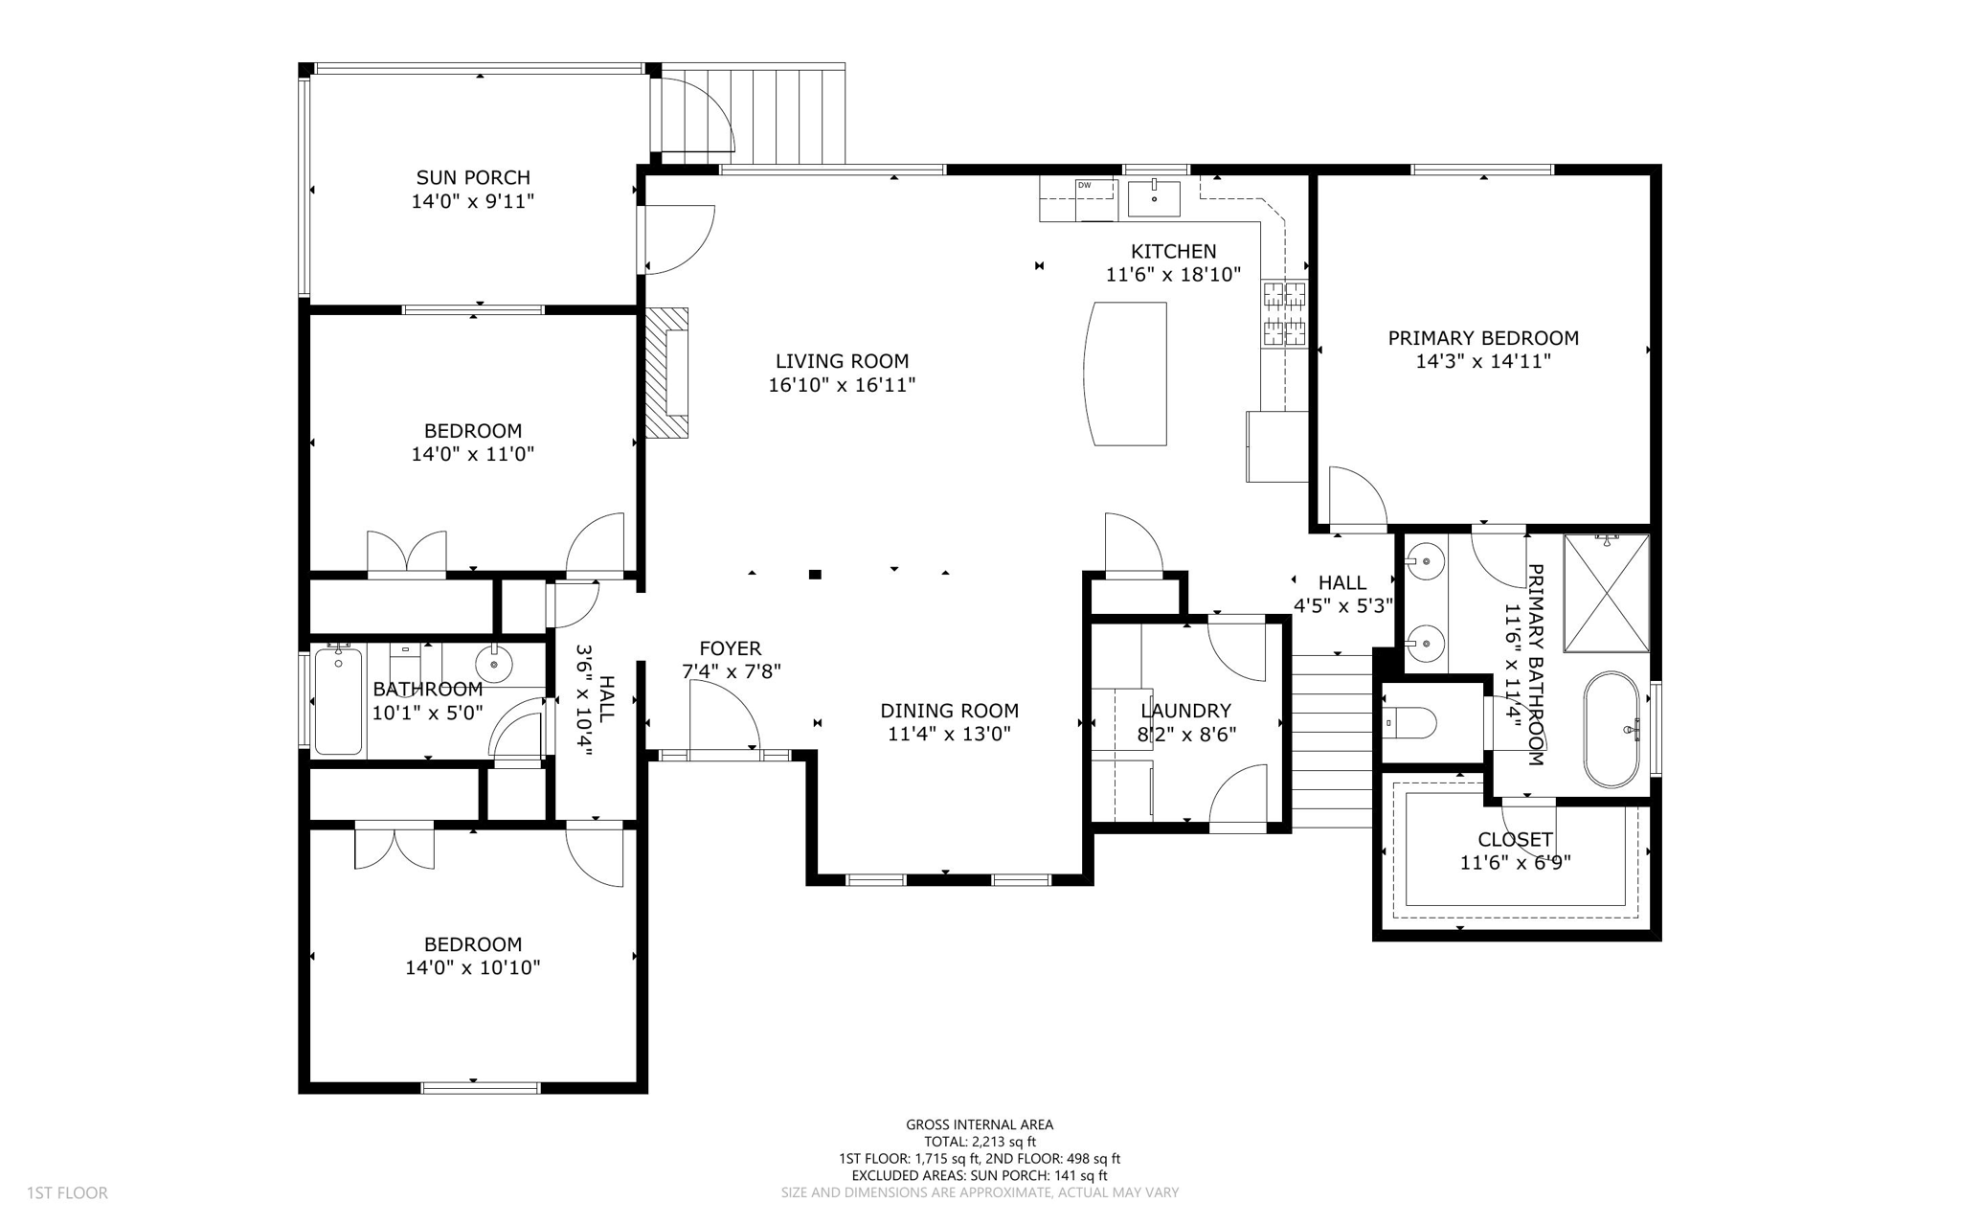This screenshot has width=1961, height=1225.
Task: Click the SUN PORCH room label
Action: pos(472,177)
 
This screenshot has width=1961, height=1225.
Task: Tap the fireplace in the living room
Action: pos(667,373)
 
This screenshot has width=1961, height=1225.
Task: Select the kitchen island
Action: pos(1127,374)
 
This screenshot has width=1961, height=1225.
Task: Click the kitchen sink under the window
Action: pos(1154,198)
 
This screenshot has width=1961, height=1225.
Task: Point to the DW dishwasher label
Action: pos(1084,185)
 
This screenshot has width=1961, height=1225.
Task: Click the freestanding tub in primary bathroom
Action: pos(1612,730)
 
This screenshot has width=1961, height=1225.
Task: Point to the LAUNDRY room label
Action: pos(1185,711)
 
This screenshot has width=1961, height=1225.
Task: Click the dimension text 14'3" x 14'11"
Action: pos(1482,361)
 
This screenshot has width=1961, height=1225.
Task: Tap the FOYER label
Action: pos(730,648)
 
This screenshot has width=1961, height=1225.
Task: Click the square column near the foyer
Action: pos(815,575)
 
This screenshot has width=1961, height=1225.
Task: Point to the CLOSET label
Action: pos(1515,840)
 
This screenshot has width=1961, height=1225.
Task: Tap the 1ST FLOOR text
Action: pos(67,1192)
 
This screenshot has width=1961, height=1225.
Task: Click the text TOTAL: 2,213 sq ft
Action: pos(980,1141)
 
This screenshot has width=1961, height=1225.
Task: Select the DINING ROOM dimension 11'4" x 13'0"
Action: pos(949,734)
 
